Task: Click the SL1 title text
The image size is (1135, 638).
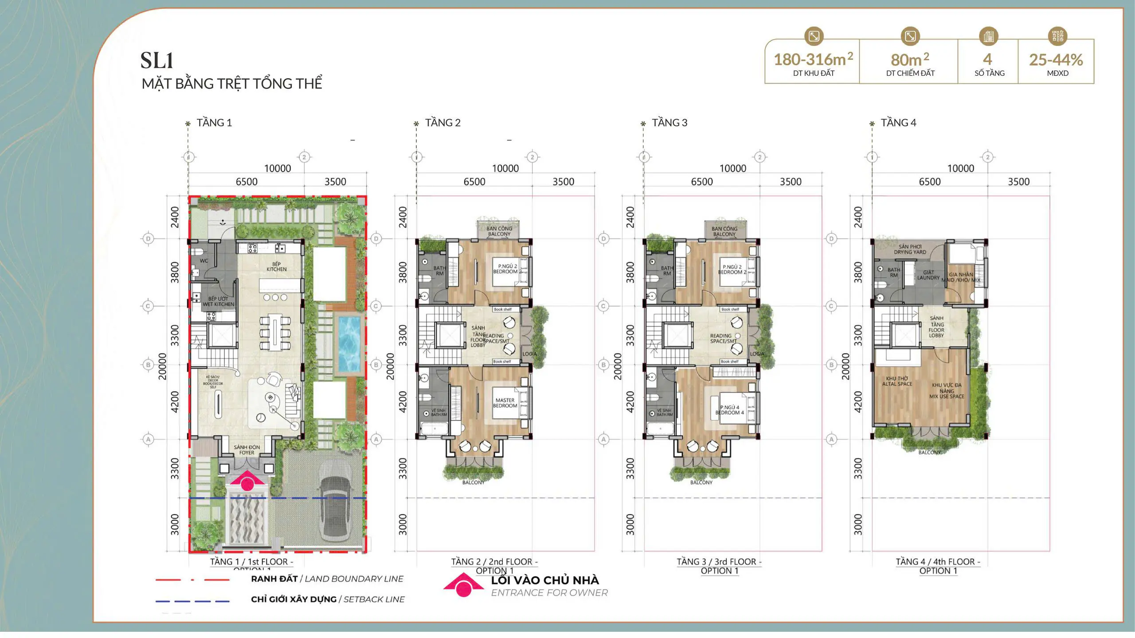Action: point(157,61)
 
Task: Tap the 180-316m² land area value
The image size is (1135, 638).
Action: point(813,59)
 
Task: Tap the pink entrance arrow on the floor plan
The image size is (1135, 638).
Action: point(247,482)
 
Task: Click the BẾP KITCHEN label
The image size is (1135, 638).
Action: point(276,266)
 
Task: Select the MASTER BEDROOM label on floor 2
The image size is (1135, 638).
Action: point(505,403)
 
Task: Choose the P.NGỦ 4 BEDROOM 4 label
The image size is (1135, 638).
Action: point(729,410)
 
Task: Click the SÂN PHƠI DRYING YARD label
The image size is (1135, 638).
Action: point(910,249)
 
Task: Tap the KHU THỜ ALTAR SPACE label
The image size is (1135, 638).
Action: point(897,381)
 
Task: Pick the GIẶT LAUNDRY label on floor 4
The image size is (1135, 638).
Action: point(928,275)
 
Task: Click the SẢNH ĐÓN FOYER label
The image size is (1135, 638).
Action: point(247,450)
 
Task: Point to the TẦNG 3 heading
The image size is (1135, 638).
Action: point(669,123)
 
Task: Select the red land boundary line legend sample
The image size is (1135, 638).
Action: point(192,579)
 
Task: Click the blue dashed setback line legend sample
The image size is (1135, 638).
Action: point(192,601)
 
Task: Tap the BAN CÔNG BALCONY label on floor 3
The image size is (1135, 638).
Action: point(724,231)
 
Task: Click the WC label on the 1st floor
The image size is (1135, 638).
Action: point(204,261)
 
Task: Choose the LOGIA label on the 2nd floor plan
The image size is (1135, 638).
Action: point(529,354)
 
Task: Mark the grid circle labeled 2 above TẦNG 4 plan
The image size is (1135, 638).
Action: point(987,157)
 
